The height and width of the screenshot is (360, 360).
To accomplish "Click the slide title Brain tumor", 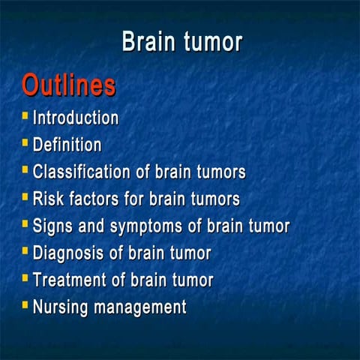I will tap(181, 41).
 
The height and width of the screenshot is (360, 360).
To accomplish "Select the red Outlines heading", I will tap(68, 85).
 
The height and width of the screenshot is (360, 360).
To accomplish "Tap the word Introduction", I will tap(76, 118).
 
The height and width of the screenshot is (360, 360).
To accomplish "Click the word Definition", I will tap(67, 145).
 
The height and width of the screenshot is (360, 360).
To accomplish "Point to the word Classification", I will tap(82, 172).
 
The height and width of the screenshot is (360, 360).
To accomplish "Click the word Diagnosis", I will tap(68, 253).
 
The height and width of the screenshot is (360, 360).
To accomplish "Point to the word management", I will tap(141, 307).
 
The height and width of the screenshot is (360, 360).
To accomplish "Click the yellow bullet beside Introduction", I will tap(25, 116).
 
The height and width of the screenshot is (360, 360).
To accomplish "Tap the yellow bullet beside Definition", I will tap(25, 143).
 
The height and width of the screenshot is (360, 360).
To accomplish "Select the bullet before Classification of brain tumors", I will tap(25, 170).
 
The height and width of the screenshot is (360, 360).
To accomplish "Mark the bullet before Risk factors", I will tap(25, 197).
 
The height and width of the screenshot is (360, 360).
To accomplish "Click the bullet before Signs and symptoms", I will tap(25, 224).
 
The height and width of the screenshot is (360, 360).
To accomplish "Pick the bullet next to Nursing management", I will tap(25, 305).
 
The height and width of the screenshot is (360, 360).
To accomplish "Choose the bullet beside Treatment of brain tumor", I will tap(25, 278).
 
